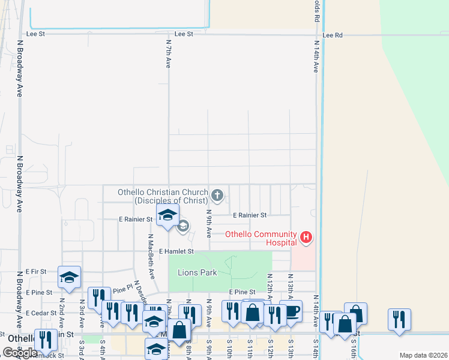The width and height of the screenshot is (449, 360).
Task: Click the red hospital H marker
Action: tap(306, 238)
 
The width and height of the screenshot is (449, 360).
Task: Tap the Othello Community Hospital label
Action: tap(261, 238)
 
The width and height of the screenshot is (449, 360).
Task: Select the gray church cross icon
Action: tap(217, 195)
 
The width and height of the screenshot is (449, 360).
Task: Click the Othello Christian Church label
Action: tap(163, 196)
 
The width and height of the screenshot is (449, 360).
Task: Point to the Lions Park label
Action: tap(197, 272)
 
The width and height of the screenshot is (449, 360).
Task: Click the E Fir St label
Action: tap(36, 272)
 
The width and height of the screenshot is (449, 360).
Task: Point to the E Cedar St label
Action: tap(40, 313)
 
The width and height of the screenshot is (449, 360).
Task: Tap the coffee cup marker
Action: tap(291, 311)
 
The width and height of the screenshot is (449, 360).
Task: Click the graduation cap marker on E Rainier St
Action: tap(167, 215)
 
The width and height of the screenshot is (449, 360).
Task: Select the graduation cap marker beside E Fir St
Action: tap(69, 277)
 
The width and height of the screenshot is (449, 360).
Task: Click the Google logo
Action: tap(20, 353)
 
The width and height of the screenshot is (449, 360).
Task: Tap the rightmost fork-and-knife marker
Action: tap(399, 319)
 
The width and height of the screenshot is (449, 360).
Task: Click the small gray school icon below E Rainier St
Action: tap(183, 226)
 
